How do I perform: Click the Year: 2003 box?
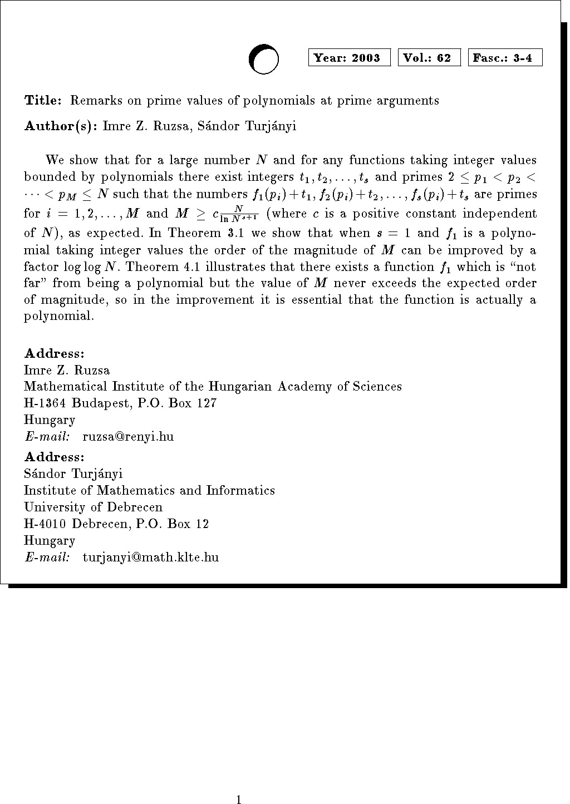349,58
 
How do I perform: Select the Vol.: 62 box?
429,58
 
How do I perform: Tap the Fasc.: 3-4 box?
505,58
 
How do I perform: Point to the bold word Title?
43,101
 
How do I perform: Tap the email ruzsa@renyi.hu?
128,437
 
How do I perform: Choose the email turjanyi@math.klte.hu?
150,558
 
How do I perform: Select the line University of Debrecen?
93,507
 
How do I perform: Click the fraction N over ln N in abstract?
239,214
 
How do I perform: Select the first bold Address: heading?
54,354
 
